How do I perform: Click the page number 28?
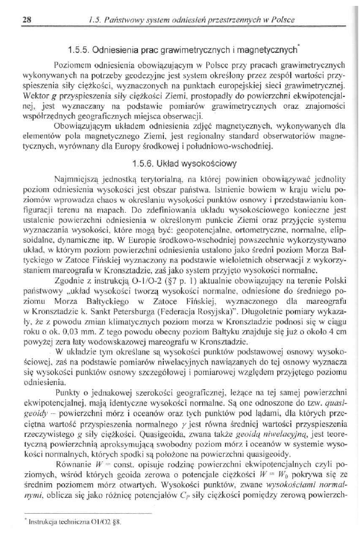click(x=26, y=19)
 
